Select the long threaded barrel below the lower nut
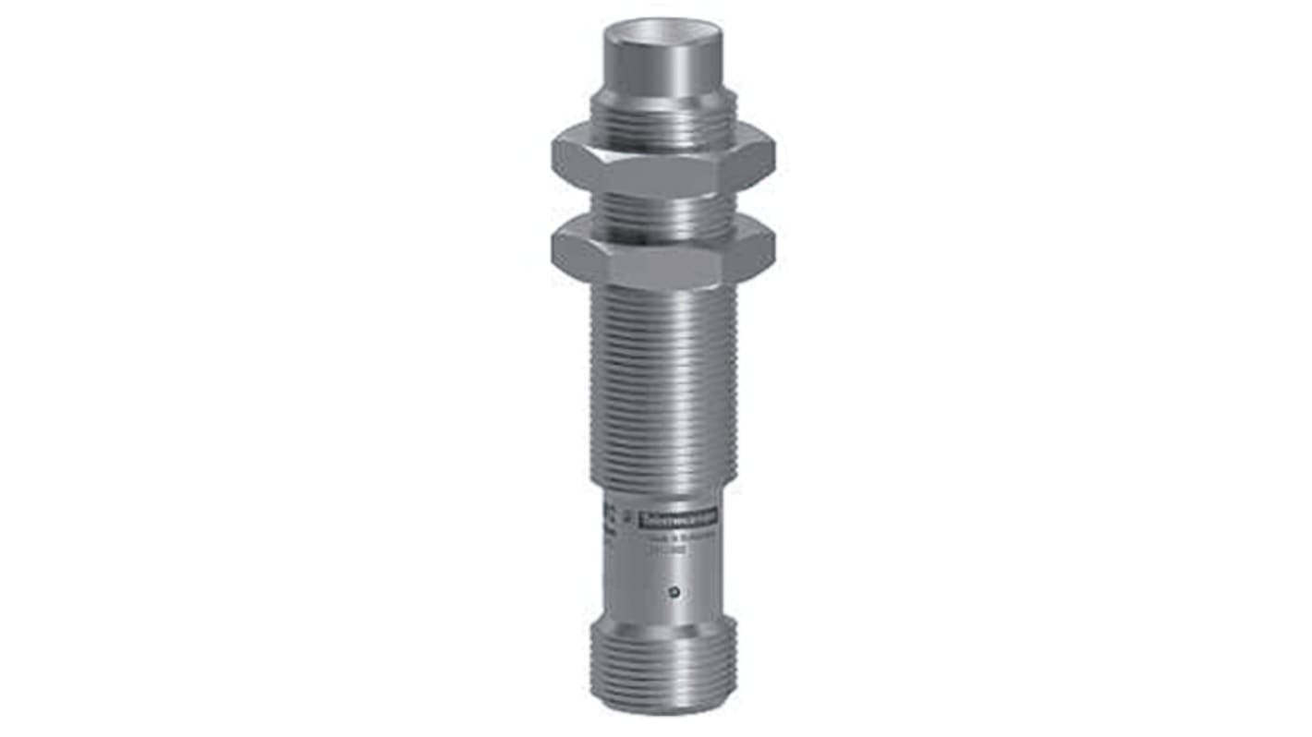tap(662, 388)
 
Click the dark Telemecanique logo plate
tap(682, 520)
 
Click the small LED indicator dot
tap(676, 592)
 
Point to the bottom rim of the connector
tap(662, 711)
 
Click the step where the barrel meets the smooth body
tap(662, 490)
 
